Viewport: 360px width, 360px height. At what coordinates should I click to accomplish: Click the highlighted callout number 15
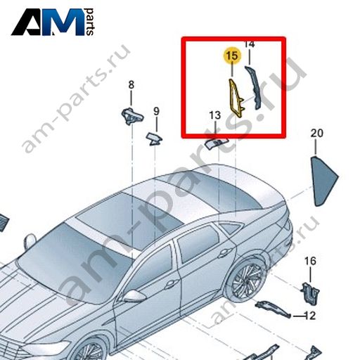[x=232, y=56]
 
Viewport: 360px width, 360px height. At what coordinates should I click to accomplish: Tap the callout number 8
[x=131, y=84]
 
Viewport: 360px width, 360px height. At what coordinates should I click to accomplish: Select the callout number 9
[x=156, y=111]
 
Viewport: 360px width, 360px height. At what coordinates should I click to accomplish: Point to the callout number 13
[x=215, y=115]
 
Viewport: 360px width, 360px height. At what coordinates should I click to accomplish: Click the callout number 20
[x=317, y=133]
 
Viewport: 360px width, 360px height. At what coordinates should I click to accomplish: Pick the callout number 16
[x=310, y=261]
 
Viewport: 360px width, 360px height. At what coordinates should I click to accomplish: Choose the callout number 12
[x=310, y=316]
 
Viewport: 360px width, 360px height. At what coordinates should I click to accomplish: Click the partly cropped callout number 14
[x=250, y=44]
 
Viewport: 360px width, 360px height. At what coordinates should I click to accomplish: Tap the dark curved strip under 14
[x=254, y=87]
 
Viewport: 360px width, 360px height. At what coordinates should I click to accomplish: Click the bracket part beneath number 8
[x=132, y=116]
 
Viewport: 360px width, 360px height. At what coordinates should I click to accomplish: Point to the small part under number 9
[x=154, y=139]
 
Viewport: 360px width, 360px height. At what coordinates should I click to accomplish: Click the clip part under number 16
[x=310, y=294]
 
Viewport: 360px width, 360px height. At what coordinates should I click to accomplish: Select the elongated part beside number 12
[x=273, y=309]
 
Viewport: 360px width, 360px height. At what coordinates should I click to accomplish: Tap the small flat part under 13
[x=216, y=143]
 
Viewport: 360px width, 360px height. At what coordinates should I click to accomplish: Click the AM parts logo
[x=53, y=22]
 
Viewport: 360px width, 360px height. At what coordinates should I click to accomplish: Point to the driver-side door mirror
[x=134, y=296]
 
